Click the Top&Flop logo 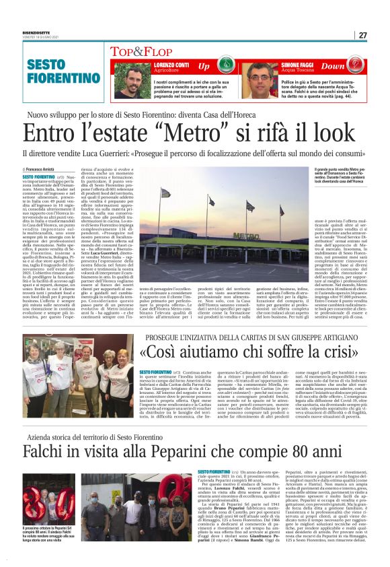coord(142,51)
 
